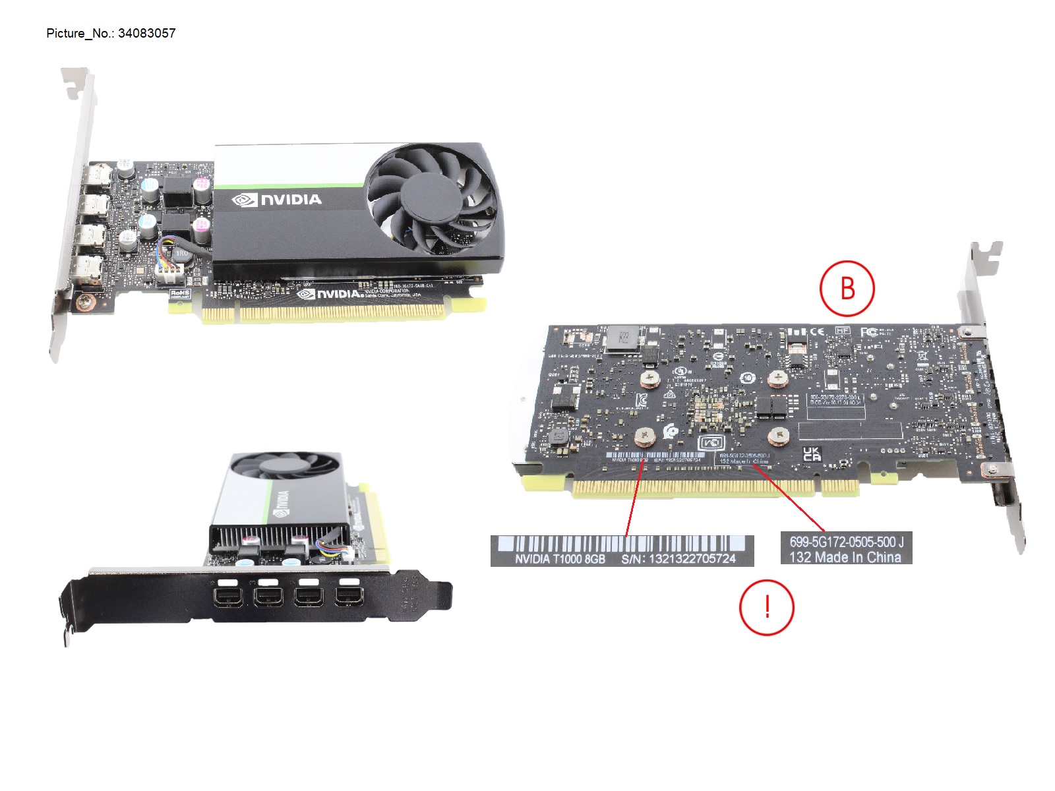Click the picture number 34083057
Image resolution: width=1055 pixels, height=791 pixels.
[146, 34]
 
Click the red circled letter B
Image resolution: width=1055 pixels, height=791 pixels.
[847, 289]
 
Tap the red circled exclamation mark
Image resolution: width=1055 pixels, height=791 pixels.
[766, 607]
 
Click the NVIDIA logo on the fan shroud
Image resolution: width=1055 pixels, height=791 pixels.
[277, 200]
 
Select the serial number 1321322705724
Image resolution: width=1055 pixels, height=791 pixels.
[692, 559]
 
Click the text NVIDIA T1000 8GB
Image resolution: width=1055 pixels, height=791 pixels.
[560, 559]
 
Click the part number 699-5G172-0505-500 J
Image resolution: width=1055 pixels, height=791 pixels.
[846, 542]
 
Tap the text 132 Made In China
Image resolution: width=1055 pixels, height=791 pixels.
[845, 558]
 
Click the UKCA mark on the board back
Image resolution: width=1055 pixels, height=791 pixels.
[812, 454]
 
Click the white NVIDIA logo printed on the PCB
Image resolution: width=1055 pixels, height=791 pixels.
[330, 293]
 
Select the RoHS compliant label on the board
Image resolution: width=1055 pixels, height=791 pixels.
[179, 294]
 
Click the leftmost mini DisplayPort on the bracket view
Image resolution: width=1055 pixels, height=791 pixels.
[226, 597]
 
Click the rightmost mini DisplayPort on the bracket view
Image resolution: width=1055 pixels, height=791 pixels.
[348, 597]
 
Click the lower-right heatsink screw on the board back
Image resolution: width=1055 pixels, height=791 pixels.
[779, 436]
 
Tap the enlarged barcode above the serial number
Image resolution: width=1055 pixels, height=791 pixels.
[621, 544]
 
